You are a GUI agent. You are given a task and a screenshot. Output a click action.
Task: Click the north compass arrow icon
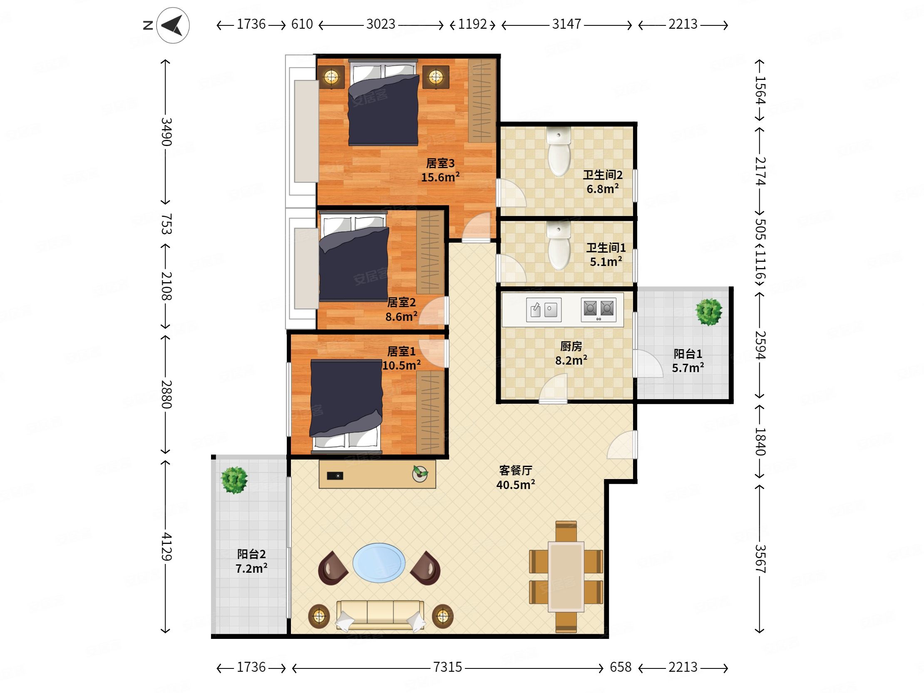point(172,25)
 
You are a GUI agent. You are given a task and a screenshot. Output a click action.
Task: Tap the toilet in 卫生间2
point(559,151)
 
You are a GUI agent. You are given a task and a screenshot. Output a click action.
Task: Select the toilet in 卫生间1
point(559,246)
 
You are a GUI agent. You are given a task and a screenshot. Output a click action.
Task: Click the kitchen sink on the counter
point(544,310)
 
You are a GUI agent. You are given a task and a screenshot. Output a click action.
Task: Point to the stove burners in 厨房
point(598,310)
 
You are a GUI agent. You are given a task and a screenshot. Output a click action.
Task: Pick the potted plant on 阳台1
point(709,312)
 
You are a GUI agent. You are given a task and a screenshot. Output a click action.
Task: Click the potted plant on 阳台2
point(234,480)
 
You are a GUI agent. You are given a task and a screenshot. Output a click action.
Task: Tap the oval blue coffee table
point(379,563)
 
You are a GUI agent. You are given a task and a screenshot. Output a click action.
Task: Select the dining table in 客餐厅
point(566,576)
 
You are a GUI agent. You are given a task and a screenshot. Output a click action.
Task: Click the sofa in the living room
point(380,615)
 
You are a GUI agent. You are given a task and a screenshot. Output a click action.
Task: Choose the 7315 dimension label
point(447,667)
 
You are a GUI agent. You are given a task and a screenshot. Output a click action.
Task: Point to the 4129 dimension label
point(166,546)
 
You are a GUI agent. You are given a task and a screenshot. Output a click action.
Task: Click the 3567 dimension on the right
point(760,559)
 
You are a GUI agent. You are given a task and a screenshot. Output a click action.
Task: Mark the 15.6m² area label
point(440,177)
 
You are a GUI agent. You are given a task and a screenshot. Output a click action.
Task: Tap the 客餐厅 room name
point(516,471)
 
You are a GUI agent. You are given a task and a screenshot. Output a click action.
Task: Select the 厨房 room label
point(571,346)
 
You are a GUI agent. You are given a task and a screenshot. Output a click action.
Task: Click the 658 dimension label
point(621,667)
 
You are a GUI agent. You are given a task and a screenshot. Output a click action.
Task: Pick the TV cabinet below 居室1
point(377,474)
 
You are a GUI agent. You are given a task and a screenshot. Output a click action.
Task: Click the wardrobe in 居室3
point(482,101)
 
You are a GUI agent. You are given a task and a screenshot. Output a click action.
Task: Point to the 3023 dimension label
point(380,24)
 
